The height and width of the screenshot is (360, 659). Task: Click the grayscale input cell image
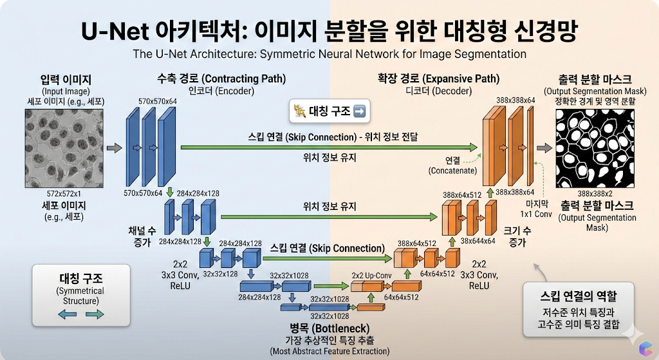click(64, 149)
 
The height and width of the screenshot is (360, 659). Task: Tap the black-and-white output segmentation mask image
click(595, 149)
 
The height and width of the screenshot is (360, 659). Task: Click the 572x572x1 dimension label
click(64, 194)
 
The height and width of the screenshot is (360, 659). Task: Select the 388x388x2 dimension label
click(595, 194)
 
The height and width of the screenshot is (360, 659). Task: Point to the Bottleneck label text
click(329, 328)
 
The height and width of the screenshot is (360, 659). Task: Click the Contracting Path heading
click(221, 79)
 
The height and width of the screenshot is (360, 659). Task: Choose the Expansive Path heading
click(439, 79)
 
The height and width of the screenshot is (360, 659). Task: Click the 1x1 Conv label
click(536, 214)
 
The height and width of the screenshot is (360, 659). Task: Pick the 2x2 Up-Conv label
click(371, 276)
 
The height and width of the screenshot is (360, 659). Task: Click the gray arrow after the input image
click(115, 147)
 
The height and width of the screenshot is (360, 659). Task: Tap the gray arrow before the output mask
click(544, 147)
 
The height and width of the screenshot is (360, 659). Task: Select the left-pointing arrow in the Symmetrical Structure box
click(67, 314)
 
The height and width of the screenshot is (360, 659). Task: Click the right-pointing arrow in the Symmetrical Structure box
click(95, 314)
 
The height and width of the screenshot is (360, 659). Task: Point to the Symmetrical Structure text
click(80, 296)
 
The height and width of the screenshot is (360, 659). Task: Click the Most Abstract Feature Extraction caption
click(329, 351)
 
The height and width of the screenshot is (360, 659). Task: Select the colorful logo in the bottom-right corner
click(646, 348)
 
